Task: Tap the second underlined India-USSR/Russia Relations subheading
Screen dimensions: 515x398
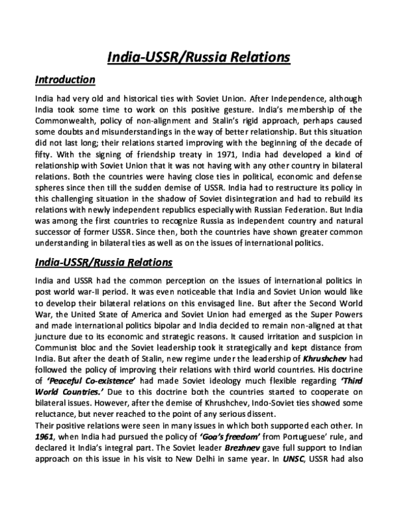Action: pos(103,263)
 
